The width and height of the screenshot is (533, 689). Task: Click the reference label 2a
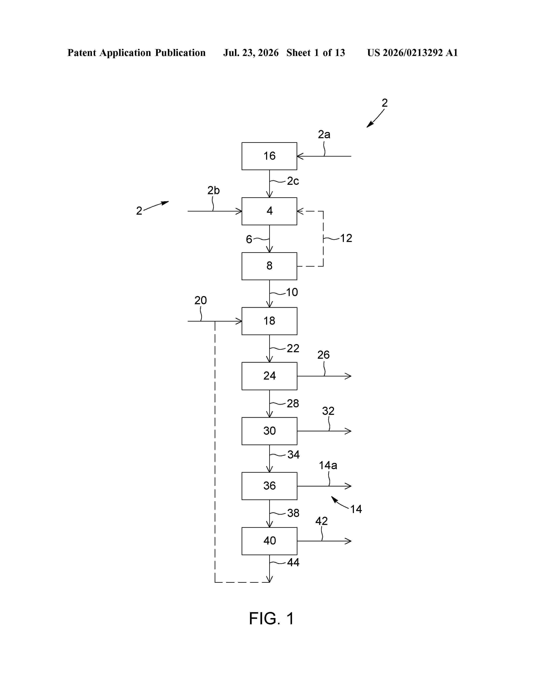pyautogui.click(x=324, y=135)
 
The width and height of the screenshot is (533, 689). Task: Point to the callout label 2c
pyautogui.click(x=293, y=181)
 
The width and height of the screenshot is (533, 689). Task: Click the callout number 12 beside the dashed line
pyautogui.click(x=346, y=238)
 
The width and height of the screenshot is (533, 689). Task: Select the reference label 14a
pyautogui.click(x=328, y=465)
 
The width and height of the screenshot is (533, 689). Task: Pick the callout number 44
pyautogui.click(x=293, y=562)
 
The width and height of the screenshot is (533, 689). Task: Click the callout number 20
pyautogui.click(x=200, y=300)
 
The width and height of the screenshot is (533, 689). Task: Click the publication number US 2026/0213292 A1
pyautogui.click(x=412, y=53)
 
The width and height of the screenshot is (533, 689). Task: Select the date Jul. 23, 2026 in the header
pyautogui.click(x=251, y=53)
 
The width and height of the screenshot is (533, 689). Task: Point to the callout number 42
pyautogui.click(x=321, y=521)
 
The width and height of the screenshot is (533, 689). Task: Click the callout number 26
pyautogui.click(x=323, y=355)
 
